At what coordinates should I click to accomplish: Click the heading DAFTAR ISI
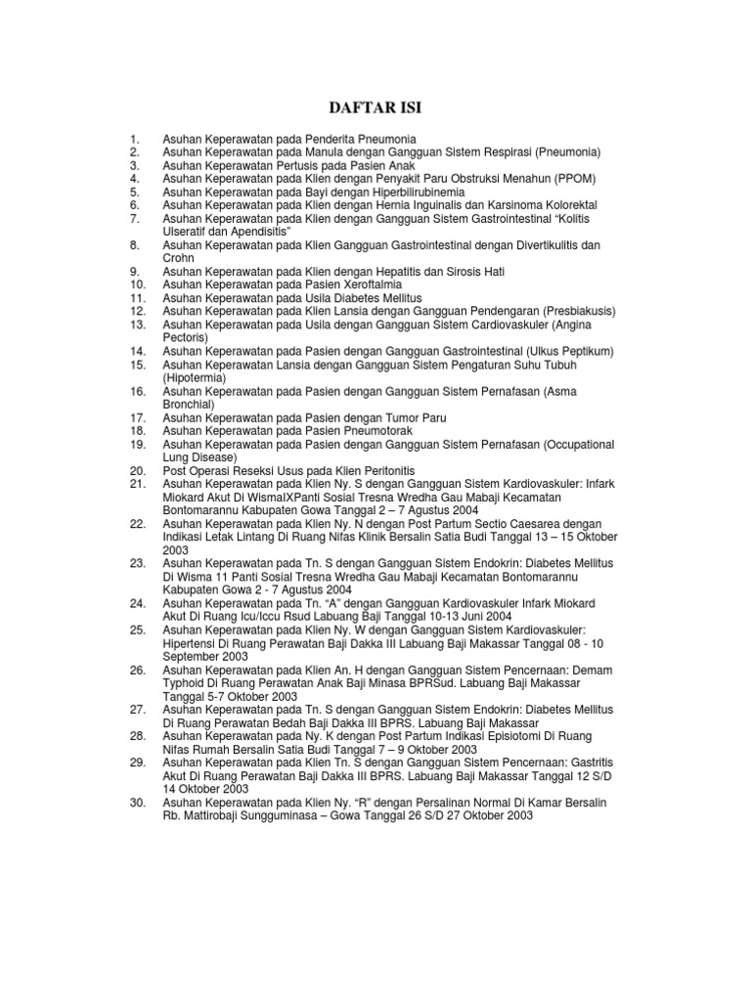click(375, 107)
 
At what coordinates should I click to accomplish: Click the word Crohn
click(180, 258)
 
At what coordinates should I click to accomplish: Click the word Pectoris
click(186, 337)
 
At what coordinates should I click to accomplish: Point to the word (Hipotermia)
click(195, 377)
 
